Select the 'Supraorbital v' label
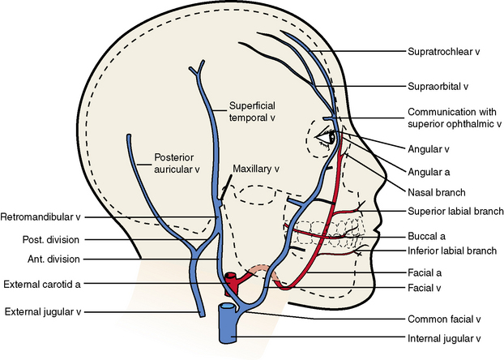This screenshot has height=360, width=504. tap(438, 85)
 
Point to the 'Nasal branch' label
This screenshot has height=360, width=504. tap(433, 192)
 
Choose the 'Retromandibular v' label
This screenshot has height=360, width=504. tap(41, 217)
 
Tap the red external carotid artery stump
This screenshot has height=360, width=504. tap(233, 283)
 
